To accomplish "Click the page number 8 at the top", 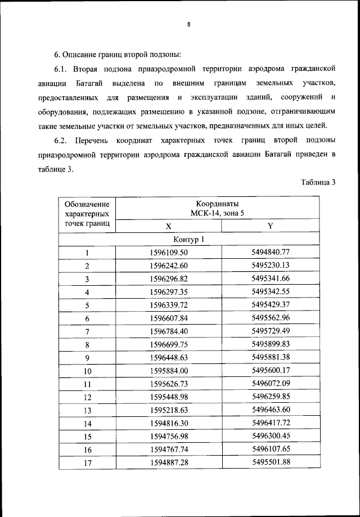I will [190, 24].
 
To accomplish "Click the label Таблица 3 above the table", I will [318, 182].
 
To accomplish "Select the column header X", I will [168, 226].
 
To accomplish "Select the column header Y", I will [270, 226].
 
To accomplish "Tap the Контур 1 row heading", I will [190, 240].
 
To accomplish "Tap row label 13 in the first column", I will [87, 411].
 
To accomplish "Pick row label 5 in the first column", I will [87, 305].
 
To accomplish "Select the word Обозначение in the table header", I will [87, 204].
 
